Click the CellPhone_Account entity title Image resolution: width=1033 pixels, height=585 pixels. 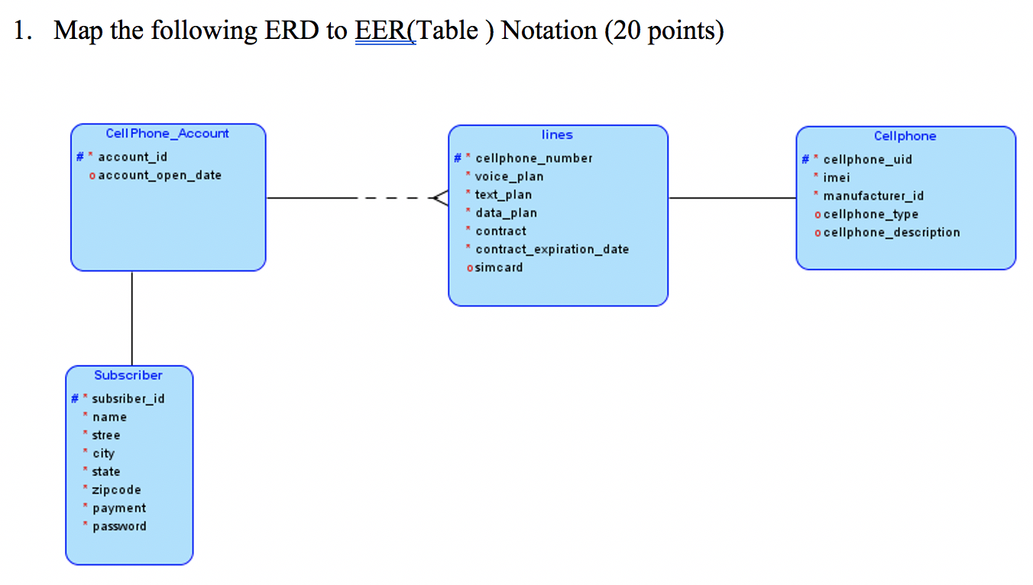coord(167,134)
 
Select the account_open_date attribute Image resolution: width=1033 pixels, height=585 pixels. coord(160,175)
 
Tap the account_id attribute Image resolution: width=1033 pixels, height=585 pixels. coord(132,157)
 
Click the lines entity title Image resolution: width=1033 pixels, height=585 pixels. coord(557,135)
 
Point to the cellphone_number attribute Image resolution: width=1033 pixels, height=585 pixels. coord(533,158)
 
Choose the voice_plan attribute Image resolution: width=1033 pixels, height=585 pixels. coord(509,176)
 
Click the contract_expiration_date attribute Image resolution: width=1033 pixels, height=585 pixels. coord(552,249)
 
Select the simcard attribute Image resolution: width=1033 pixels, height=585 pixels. coord(499,267)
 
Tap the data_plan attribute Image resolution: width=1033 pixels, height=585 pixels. coord(506,213)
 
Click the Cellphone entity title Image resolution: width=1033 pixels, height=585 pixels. coord(905,136)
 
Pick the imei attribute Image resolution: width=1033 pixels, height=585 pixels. coord(836,178)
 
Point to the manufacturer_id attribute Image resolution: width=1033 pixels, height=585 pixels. coord(873,196)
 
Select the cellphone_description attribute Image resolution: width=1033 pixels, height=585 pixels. coord(891,232)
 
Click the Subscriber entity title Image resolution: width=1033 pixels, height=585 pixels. coord(128,375)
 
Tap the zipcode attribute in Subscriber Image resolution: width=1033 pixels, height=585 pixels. coord(116,490)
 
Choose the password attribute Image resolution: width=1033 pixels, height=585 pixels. coord(119,526)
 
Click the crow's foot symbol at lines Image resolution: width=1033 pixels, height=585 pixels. coord(439,199)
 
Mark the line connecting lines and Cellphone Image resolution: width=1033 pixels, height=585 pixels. coord(732,199)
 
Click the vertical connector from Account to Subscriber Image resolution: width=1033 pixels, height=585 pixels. coord(132,318)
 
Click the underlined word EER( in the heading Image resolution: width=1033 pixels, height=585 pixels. coord(385,31)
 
